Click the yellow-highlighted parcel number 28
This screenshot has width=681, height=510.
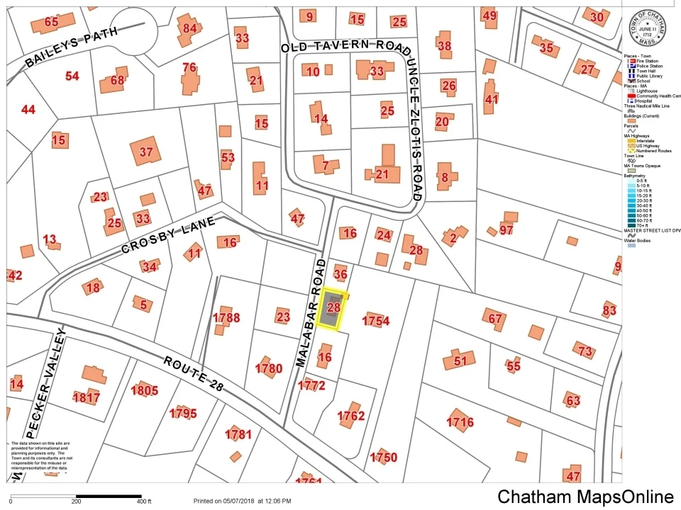[334, 307]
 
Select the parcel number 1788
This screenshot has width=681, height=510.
[226, 317]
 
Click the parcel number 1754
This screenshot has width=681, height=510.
[376, 321]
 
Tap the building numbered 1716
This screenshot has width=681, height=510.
[460, 422]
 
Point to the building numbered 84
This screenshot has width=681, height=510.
[189, 29]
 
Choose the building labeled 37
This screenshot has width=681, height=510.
[146, 152]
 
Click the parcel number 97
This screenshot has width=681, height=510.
[506, 229]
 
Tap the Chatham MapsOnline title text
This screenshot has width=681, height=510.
[585, 497]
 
